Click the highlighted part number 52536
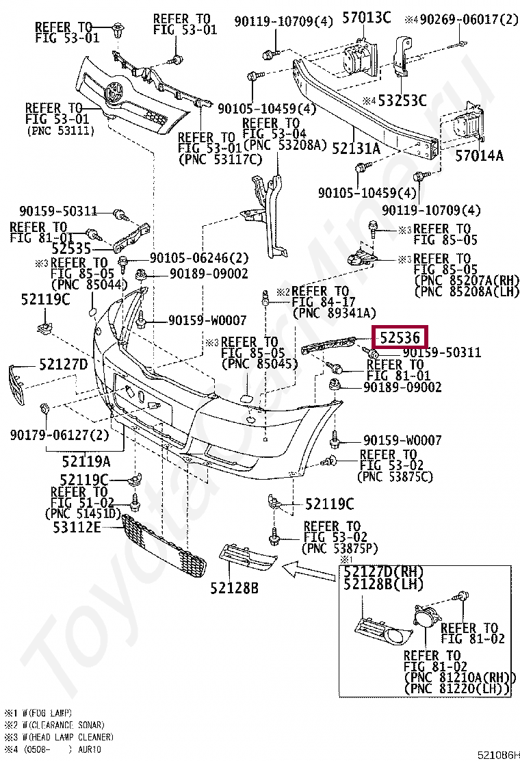[x=400, y=337]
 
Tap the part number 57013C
[x=366, y=18]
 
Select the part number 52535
[x=52, y=249]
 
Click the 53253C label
[x=402, y=101]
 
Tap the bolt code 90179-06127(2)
[x=60, y=434]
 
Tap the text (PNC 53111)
[x=60, y=130]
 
